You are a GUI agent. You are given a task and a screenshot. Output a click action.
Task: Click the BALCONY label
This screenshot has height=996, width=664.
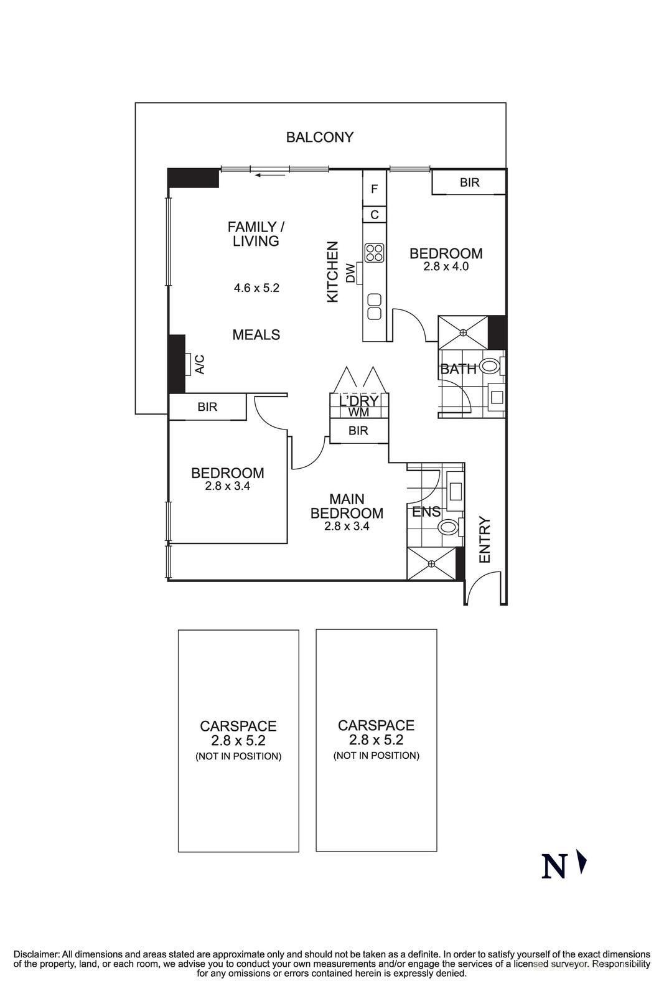click(319, 137)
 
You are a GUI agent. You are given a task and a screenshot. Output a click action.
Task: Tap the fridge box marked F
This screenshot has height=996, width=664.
click(374, 189)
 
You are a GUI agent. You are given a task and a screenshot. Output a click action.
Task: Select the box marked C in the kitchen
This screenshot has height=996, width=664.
click(374, 215)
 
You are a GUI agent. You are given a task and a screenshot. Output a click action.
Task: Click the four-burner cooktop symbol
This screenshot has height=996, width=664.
click(375, 252)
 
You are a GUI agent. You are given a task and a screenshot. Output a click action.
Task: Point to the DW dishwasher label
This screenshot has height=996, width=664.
click(351, 273)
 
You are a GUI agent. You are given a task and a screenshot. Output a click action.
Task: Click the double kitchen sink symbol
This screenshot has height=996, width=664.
click(374, 306)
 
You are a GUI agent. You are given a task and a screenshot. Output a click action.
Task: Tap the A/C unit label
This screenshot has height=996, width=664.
click(200, 364)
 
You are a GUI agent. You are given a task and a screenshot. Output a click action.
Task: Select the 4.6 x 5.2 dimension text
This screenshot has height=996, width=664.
click(256, 288)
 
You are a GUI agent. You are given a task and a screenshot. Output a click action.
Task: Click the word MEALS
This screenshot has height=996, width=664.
click(256, 335)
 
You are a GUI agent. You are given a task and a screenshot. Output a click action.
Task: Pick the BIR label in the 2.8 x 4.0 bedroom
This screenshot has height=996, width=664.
click(469, 182)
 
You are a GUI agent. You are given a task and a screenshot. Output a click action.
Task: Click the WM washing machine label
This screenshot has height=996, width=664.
click(358, 412)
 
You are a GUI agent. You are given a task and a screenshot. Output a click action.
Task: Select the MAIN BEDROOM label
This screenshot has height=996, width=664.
click(347, 506)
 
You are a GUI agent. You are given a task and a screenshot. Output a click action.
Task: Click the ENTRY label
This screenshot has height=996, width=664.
click(485, 540)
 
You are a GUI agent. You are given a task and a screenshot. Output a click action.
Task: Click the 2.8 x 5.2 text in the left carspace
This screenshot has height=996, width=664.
click(238, 741)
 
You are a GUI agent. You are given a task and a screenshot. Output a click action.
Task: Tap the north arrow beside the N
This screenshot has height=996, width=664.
click(582, 863)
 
